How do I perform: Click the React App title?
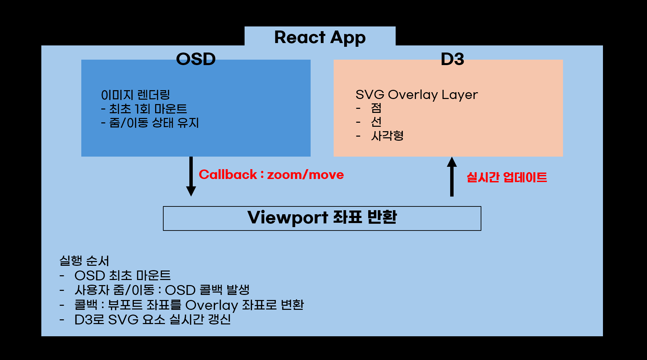point(320,37)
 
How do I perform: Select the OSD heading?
point(196,59)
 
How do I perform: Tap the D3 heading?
point(452,59)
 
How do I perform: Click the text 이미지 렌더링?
point(135,95)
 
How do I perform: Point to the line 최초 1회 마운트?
point(144,109)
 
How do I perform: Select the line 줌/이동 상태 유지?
point(150,123)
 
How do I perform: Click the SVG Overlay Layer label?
point(417,95)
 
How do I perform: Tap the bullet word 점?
point(376,108)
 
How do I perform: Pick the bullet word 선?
point(376,122)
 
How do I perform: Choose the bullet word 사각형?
point(387,136)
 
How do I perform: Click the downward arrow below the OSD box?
point(191,177)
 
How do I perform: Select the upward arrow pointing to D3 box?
point(452,177)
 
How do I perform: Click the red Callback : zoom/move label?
point(271,175)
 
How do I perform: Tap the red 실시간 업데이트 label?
point(507,177)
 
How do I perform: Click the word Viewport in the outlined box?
point(288,218)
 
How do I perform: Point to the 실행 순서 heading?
point(84,261)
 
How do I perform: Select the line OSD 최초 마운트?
point(123,275)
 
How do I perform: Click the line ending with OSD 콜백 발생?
point(162,290)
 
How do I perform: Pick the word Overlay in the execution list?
point(211,305)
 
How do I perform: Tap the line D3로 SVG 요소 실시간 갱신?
point(152,319)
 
